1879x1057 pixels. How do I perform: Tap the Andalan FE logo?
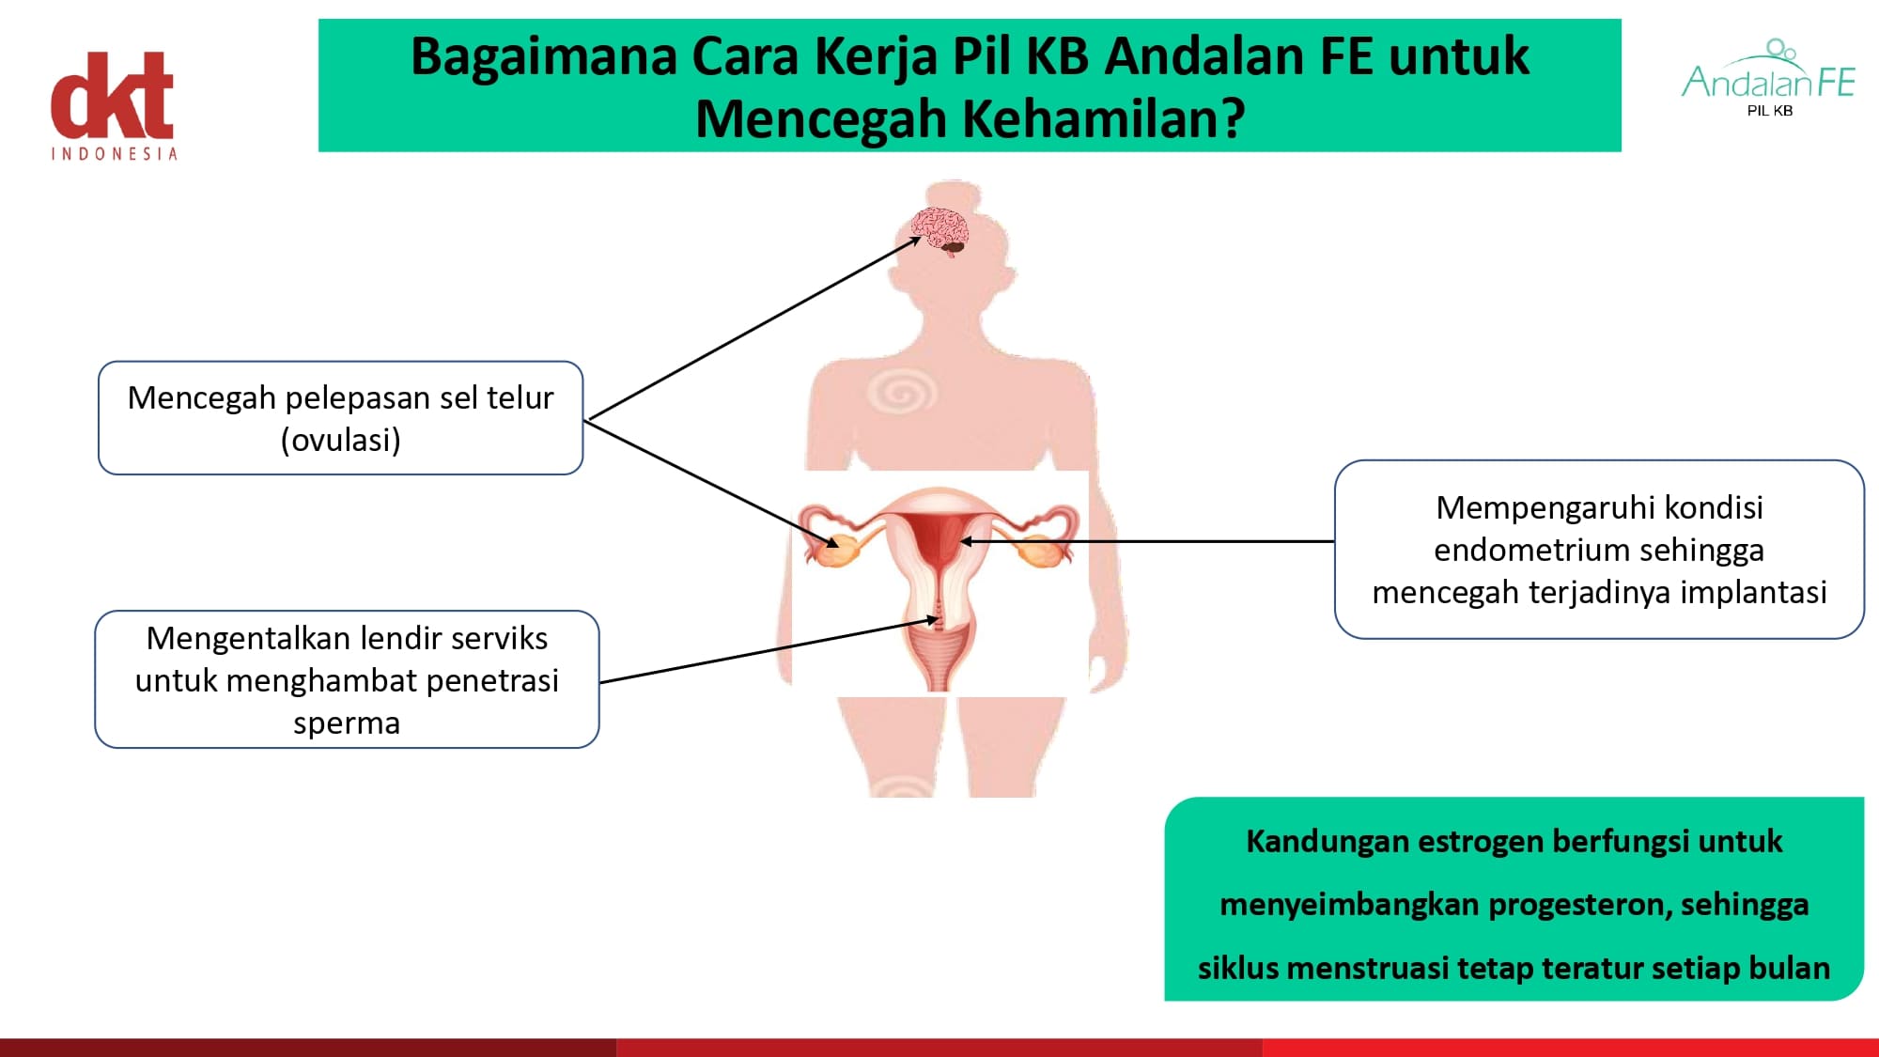[x=1769, y=77]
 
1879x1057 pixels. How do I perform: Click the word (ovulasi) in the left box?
[x=341, y=440]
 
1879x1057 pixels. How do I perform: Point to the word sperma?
[x=347, y=723]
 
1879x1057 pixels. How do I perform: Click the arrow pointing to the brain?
[x=753, y=328]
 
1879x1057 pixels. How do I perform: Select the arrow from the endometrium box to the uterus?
[x=1147, y=541]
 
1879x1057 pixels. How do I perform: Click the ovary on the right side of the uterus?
[x=1041, y=552]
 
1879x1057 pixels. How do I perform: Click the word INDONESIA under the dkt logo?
[x=114, y=153]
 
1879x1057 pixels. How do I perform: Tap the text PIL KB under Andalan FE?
[x=1770, y=111]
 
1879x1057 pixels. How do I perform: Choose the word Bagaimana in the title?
[x=544, y=56]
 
